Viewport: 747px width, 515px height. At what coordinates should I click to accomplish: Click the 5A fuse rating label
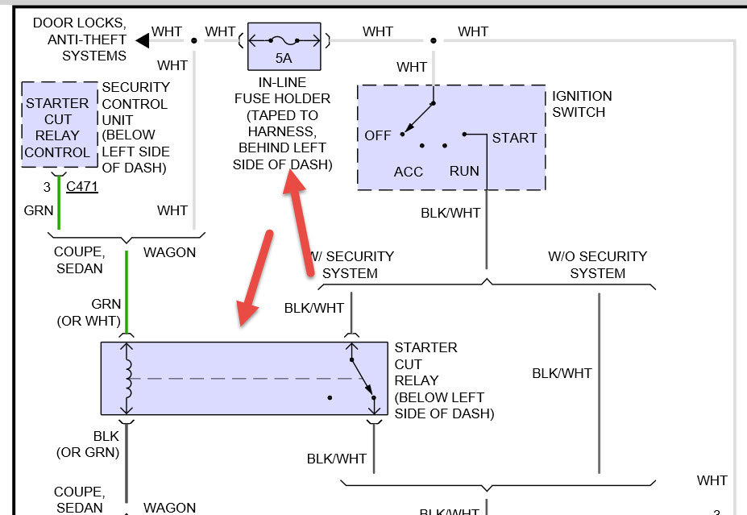point(284,58)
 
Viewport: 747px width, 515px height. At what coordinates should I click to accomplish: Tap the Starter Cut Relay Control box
point(57,127)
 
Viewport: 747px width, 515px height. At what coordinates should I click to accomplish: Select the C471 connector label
point(81,187)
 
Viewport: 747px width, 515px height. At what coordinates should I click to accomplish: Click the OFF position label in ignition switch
point(377,135)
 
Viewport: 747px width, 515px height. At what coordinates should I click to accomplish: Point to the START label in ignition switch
point(514,138)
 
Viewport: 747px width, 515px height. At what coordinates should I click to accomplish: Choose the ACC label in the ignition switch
point(409,172)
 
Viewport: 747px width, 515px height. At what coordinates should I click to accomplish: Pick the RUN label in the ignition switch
point(464,171)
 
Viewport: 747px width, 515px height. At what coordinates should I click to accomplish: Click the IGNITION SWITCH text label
point(582,104)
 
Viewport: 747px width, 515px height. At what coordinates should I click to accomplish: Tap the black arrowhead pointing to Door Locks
point(143,39)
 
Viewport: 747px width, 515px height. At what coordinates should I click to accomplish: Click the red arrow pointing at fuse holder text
point(299,225)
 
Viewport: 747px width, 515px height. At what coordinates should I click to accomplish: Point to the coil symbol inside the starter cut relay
point(127,378)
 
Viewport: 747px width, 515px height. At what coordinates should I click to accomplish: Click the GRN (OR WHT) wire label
point(89,312)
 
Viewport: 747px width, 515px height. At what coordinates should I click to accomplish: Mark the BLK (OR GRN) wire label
point(88,444)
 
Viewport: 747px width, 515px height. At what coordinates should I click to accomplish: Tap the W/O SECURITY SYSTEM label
point(597,264)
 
